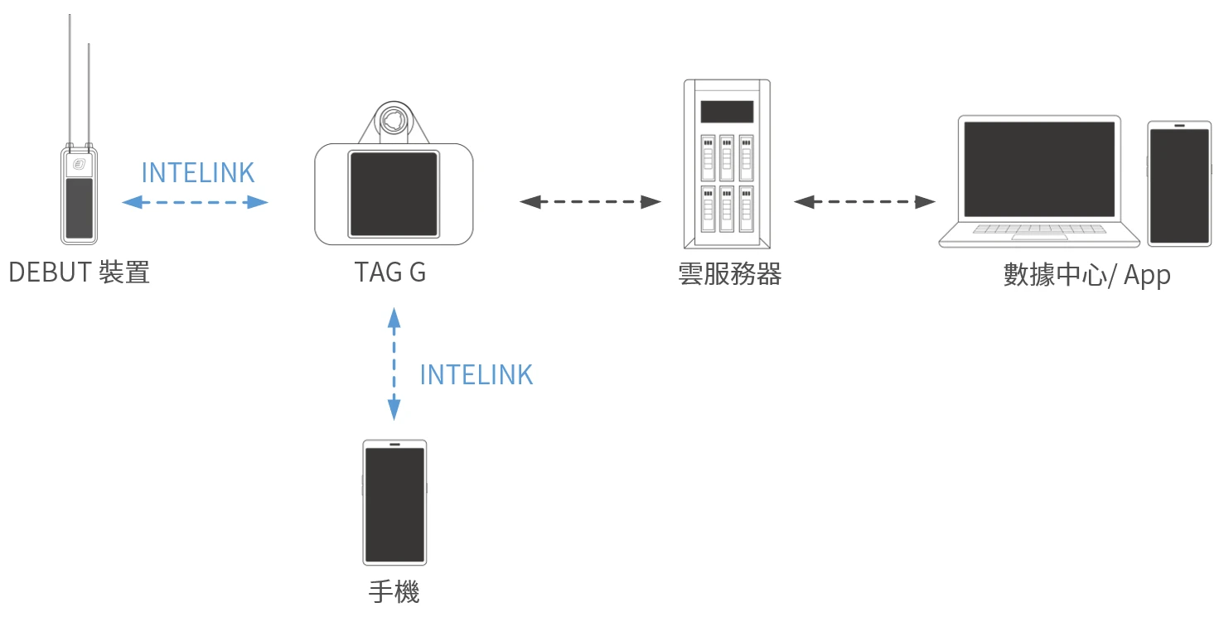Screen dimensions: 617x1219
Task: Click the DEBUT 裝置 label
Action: coord(80,272)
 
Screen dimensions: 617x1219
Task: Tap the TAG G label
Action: coord(390,272)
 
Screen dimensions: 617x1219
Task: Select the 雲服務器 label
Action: coord(729,274)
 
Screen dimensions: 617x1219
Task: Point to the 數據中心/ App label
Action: coord(1086,275)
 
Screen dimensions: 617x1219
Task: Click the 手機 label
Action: coord(394,592)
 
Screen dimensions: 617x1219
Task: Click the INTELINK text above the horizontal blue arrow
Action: coord(198,172)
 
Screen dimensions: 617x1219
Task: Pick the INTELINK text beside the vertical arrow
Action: coord(476,375)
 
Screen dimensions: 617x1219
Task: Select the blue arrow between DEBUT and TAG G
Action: coord(196,201)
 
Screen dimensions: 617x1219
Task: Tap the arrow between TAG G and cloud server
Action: coord(590,201)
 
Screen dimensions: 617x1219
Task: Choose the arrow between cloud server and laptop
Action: coord(864,201)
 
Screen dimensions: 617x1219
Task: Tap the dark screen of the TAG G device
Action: coord(393,195)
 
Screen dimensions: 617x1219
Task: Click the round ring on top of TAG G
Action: coord(393,121)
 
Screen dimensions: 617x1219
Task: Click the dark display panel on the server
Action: coord(727,112)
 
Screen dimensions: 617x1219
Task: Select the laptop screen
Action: coord(1039,169)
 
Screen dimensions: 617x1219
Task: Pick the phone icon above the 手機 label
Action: coord(394,502)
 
